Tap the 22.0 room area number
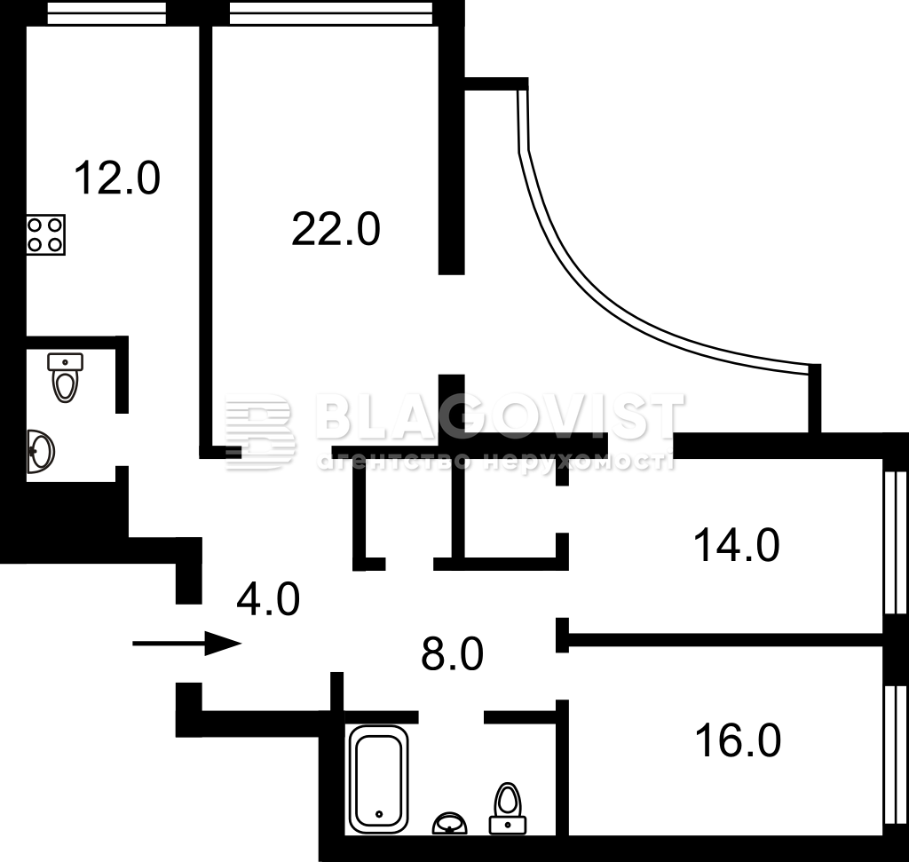coord(336,229)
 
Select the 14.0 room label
coord(736,545)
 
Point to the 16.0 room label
coord(738,740)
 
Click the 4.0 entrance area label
coord(268,599)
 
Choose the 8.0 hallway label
coord(452,653)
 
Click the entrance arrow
coord(186,643)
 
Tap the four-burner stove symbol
coord(45,234)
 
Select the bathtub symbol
coord(378,779)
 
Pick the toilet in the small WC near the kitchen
coord(65,377)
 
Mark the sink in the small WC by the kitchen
coord(40,451)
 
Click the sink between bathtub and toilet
coord(450,823)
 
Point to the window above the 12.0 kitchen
coord(107,12)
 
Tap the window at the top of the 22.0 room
coord(331,12)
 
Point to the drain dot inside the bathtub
coord(379,813)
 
